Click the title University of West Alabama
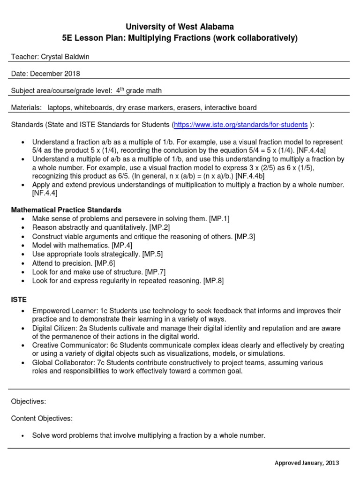(x=180, y=27)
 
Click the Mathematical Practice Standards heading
(x=66, y=210)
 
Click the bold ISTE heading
(x=19, y=299)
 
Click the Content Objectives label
(x=42, y=418)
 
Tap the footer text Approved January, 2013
(x=307, y=463)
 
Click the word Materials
(x=26, y=108)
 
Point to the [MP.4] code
(x=122, y=245)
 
